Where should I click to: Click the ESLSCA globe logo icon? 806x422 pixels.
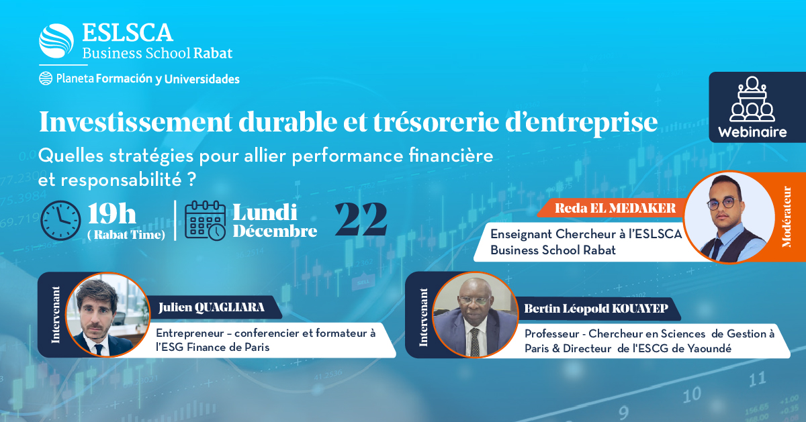pos(56,41)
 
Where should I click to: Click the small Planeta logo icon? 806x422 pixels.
pos(46,78)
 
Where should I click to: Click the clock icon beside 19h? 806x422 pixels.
pos(60,220)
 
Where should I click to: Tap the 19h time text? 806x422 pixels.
pos(112,213)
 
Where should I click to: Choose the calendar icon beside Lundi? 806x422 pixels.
pos(204,220)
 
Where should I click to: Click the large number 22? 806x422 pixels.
pos(361,218)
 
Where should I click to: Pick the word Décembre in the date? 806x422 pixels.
pos(275,231)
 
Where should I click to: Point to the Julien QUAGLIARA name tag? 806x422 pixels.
pos(211,308)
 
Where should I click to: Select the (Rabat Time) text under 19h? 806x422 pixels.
pos(126,234)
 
